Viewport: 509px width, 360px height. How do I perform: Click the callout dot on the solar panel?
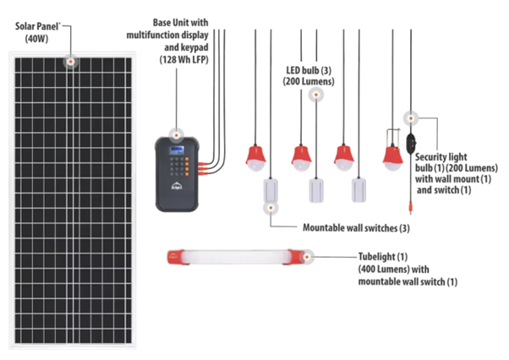tap(70, 62)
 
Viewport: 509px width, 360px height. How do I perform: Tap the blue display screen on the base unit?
tap(177, 150)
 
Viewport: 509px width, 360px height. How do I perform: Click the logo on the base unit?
tap(176, 186)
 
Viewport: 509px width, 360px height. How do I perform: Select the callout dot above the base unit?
tap(176, 135)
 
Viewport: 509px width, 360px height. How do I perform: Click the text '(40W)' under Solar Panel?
tap(36, 39)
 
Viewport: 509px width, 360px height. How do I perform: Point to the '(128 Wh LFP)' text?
tap(183, 60)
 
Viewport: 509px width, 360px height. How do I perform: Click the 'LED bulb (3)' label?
tap(309, 70)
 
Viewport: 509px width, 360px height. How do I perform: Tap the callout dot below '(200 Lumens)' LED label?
tap(316, 95)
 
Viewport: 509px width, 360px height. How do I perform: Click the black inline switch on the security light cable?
tap(411, 143)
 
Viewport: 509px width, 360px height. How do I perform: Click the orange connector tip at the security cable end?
tap(410, 207)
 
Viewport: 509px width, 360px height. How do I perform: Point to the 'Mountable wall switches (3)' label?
tap(356, 228)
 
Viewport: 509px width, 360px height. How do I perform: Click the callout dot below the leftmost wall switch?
tap(271, 208)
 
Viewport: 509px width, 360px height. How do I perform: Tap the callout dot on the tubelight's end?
tap(307, 257)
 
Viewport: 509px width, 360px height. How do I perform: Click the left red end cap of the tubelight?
tap(176, 257)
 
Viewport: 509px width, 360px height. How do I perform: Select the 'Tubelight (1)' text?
tap(383, 257)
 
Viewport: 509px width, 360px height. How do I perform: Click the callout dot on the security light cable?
tap(411, 118)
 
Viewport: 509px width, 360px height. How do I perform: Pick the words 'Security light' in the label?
tap(441, 157)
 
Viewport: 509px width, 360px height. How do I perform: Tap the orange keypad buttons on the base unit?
tap(187, 166)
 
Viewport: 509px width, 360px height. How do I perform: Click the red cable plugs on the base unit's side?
tap(203, 169)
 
